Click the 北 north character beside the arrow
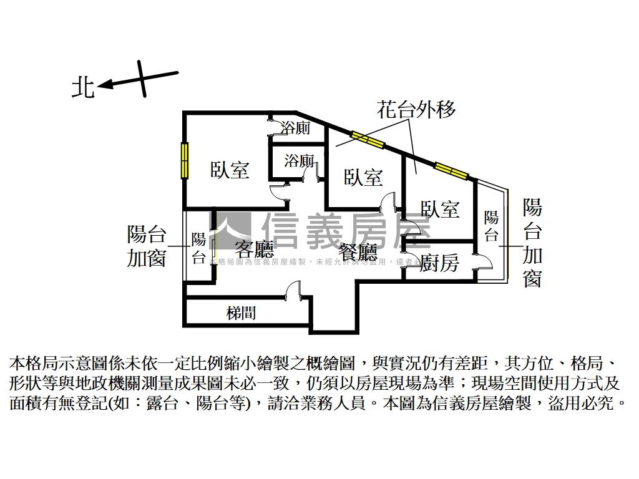(83, 87)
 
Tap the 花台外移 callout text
(416, 109)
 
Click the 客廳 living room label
(255, 250)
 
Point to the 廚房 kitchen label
(439, 263)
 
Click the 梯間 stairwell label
(241, 312)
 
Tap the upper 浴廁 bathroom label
(295, 128)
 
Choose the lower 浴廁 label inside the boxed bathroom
(299, 161)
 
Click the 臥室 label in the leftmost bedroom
(230, 169)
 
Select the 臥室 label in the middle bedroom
(363, 178)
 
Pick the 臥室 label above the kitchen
(440, 209)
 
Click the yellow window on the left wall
(185, 160)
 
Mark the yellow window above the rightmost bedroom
(451, 170)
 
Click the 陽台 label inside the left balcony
(198, 249)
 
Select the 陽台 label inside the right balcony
(492, 226)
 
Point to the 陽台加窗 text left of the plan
(147, 246)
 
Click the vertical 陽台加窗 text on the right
(532, 243)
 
